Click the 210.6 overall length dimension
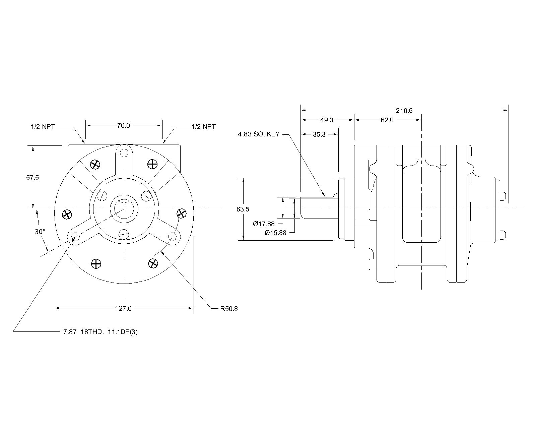pos(404,111)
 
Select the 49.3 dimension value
pos(327,120)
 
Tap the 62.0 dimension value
pos(387,120)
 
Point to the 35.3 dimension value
pos(319,134)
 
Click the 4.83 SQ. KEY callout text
pos(258,134)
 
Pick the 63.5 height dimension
pos(243,209)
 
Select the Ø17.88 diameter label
pos(264,224)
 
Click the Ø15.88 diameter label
pos(275,233)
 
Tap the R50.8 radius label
pos(229,309)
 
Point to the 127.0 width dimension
pos(124,308)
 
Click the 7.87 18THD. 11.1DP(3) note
pos(100,332)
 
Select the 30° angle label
pos(40,232)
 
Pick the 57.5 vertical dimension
pos(32,178)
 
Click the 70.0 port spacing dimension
pos(123,125)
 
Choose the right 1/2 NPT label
pos(204,127)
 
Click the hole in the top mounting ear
pos(124,153)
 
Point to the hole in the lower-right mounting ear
pos(173,237)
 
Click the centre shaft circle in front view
pos(124,209)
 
